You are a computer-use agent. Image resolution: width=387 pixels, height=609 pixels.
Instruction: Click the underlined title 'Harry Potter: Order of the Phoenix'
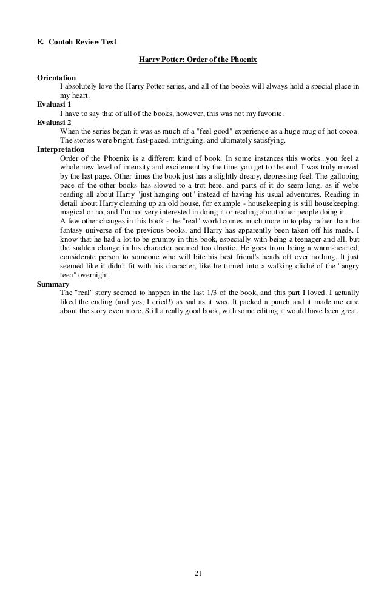[x=198, y=60]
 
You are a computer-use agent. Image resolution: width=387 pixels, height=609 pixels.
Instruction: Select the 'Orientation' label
[x=56, y=78]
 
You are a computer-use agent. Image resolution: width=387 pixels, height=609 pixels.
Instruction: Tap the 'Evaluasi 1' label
[x=54, y=104]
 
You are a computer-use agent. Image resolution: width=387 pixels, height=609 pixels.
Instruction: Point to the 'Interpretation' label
[x=61, y=149]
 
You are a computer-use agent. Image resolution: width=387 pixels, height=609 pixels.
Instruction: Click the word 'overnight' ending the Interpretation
[x=94, y=275]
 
